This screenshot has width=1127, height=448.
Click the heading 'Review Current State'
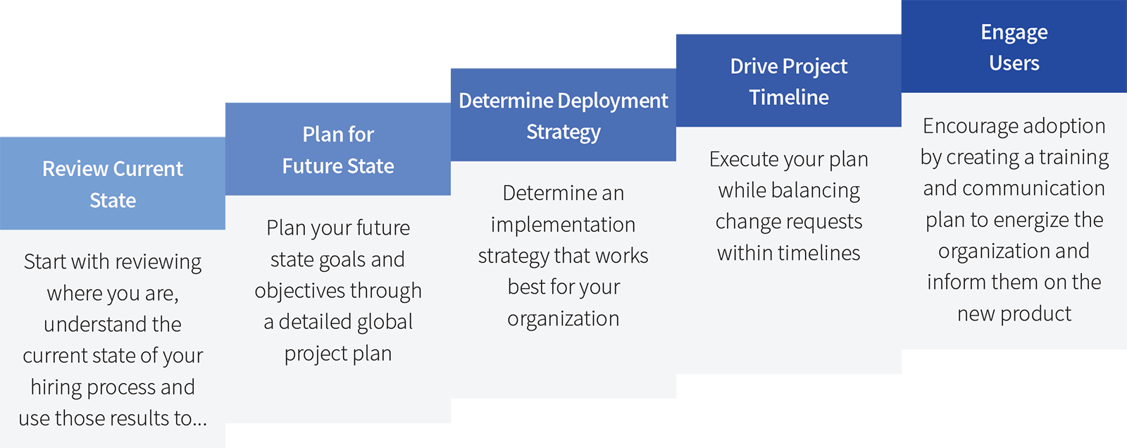(113, 185)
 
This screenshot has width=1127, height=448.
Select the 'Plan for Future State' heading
(338, 150)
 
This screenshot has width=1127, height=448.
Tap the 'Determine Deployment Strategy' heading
(563, 116)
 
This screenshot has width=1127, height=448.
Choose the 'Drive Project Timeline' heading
(789, 82)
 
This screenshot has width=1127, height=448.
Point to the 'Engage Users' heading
(1014, 48)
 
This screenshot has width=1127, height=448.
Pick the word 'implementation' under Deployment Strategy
(563, 225)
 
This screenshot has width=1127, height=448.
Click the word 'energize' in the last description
(1028, 220)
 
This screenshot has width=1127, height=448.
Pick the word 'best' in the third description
(526, 287)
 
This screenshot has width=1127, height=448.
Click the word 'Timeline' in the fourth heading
(789, 97)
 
